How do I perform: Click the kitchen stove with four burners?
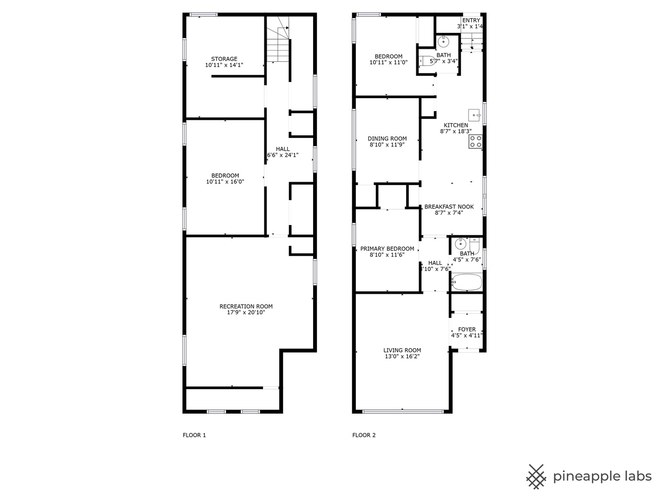pyautogui.click(x=475, y=142)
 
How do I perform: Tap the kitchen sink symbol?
pyautogui.click(x=474, y=115)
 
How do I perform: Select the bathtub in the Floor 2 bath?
pyautogui.click(x=466, y=282)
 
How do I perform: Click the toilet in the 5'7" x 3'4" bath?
pyautogui.click(x=426, y=61)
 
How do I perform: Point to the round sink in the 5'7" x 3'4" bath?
pyautogui.click(x=443, y=41)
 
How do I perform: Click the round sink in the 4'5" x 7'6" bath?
pyautogui.click(x=460, y=244)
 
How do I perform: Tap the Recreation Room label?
pyautogui.click(x=246, y=306)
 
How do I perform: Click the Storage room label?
pyautogui.click(x=224, y=59)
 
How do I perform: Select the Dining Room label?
pyautogui.click(x=387, y=139)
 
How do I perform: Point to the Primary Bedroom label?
pyautogui.click(x=387, y=249)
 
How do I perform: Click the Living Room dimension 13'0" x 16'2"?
pyautogui.click(x=402, y=357)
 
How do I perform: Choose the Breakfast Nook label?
pyautogui.click(x=449, y=207)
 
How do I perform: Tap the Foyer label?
pyautogui.click(x=467, y=330)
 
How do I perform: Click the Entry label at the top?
pyautogui.click(x=471, y=20)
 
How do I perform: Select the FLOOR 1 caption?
pyautogui.click(x=194, y=435)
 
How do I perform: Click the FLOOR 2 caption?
pyautogui.click(x=364, y=435)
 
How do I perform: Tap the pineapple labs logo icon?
pyautogui.click(x=536, y=477)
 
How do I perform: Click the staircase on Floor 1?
pyautogui.click(x=278, y=44)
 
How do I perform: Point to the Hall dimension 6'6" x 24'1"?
pyautogui.click(x=283, y=155)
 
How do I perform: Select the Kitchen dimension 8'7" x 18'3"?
pyautogui.click(x=456, y=132)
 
